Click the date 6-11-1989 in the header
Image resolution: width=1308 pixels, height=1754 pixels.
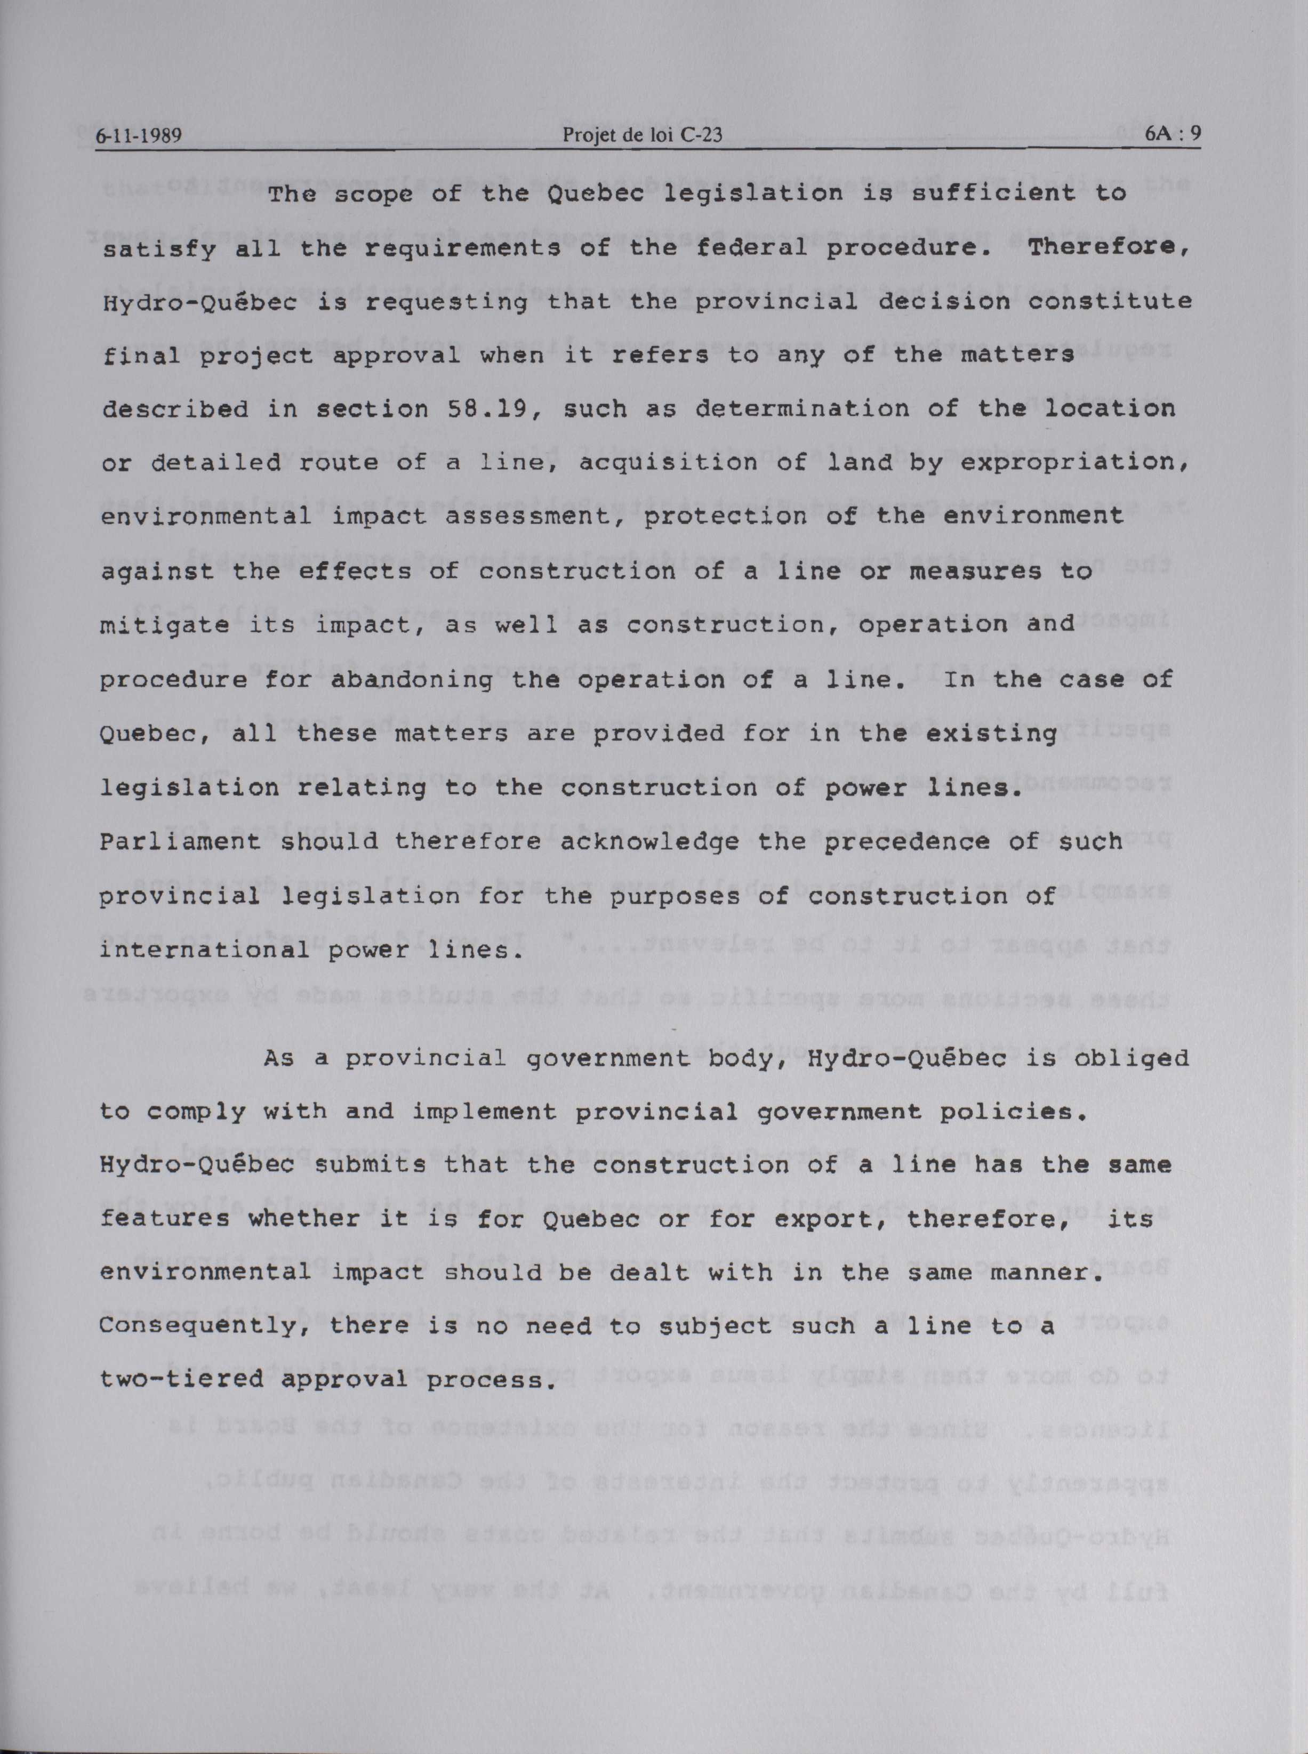tap(139, 135)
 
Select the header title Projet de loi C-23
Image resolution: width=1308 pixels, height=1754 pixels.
tap(641, 135)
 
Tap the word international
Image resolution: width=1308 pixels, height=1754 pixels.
tap(204, 950)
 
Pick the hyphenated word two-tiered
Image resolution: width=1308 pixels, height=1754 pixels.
tap(181, 1380)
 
